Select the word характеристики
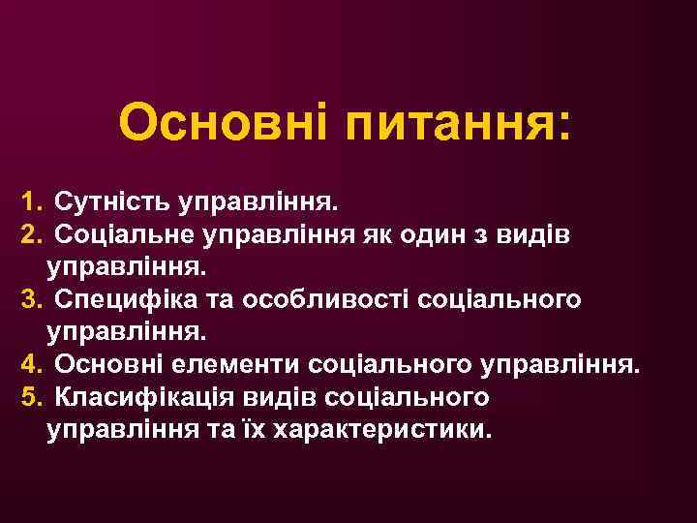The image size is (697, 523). pyautogui.click(x=384, y=427)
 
